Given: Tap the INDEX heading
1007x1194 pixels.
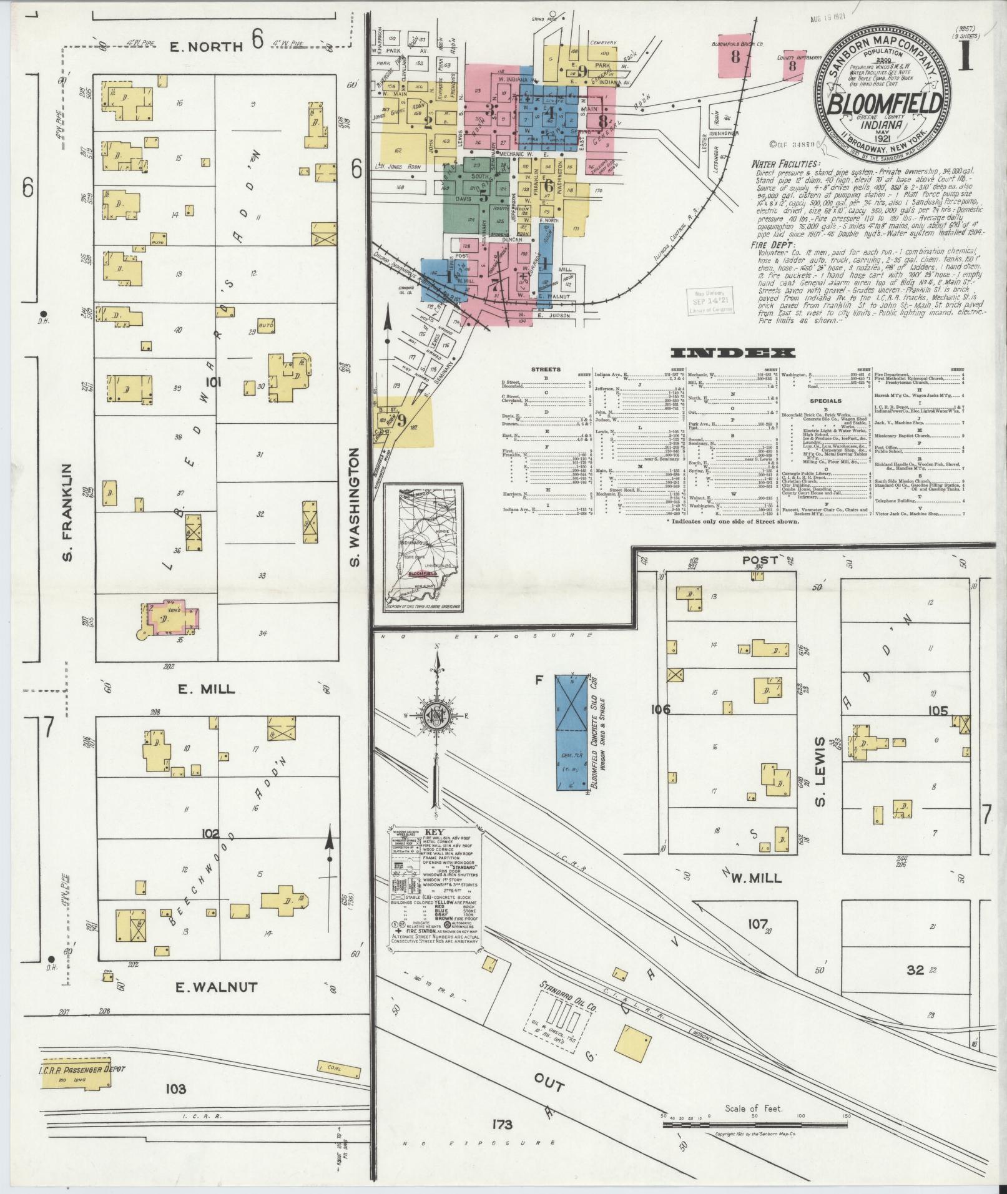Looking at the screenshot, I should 732,353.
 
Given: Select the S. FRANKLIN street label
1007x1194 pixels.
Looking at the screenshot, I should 69,511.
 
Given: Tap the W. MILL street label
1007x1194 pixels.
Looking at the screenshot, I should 755,878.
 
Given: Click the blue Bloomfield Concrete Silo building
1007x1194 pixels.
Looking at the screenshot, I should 572,732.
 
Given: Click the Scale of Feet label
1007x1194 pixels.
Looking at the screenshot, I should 754,1108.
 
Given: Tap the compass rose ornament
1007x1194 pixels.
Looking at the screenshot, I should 437,715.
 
